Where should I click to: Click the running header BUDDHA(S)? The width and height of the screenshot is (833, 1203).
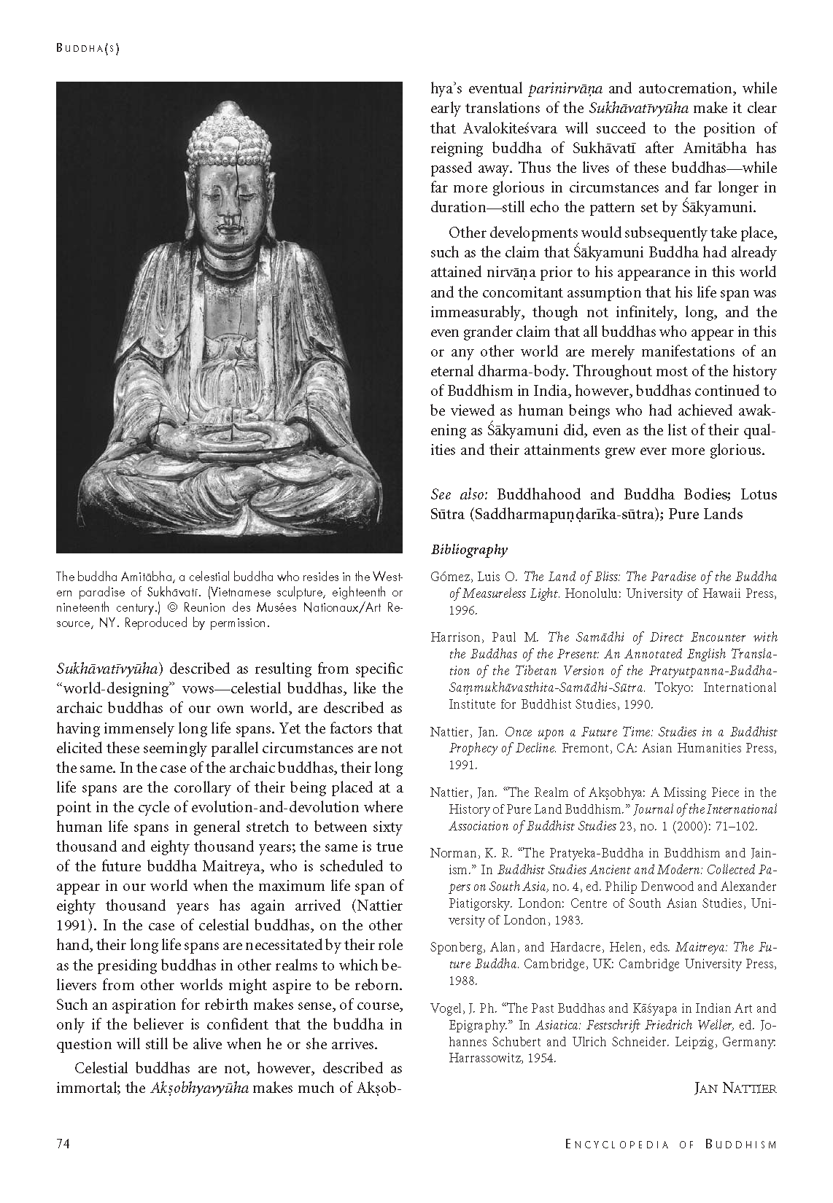click(x=88, y=49)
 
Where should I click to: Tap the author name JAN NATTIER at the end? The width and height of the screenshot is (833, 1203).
click(x=735, y=1089)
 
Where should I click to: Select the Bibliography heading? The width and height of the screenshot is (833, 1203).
click(x=468, y=550)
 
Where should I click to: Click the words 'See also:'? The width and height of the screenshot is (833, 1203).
click(x=451, y=494)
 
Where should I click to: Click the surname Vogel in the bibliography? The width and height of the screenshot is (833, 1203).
click(x=446, y=1008)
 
